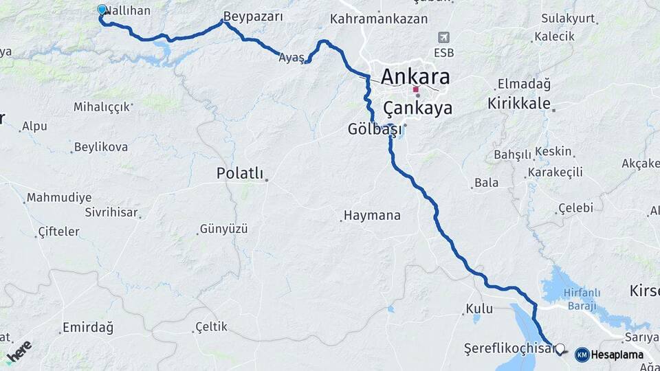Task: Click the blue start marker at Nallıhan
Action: [x=102, y=10]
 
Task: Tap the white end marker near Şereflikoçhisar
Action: [x=560, y=349]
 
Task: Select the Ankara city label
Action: [x=415, y=76]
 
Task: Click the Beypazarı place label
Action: [x=253, y=17]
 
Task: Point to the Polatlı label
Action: [x=240, y=174]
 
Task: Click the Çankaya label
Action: [x=417, y=108]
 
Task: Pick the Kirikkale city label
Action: [x=519, y=104]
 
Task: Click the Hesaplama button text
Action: [x=617, y=355]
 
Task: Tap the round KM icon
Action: [x=582, y=355]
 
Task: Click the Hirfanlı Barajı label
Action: [x=582, y=298]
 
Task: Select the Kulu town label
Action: [x=479, y=309]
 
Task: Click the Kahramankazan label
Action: [x=379, y=19]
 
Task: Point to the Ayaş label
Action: [x=291, y=58]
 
